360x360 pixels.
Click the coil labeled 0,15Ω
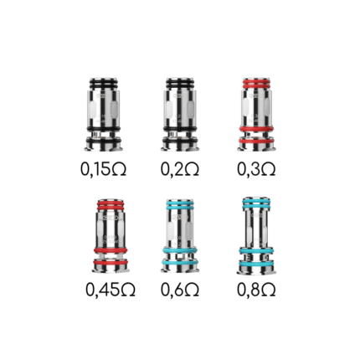click(x=103, y=112)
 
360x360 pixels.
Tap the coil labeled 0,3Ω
click(x=251, y=112)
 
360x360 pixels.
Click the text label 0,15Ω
click(x=104, y=170)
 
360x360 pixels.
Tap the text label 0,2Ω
click(x=177, y=170)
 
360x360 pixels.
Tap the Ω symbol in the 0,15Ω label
click(x=119, y=170)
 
